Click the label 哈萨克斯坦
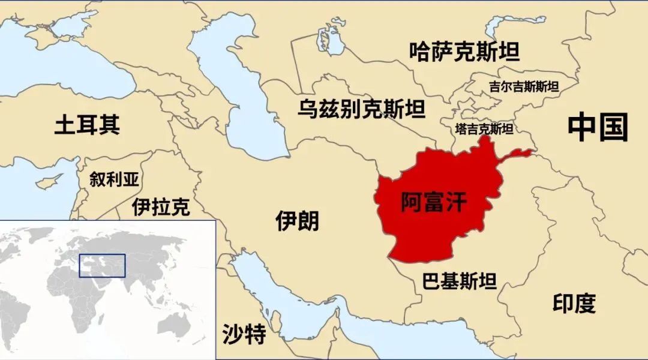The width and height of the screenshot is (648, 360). click(464, 52)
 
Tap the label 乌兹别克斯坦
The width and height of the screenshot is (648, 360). click(361, 109)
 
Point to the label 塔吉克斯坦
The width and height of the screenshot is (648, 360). click(484, 129)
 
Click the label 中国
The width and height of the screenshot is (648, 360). click(598, 127)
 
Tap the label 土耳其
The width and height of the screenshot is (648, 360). click(87, 125)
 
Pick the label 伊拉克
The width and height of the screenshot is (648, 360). click(161, 207)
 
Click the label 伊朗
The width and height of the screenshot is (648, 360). click(297, 221)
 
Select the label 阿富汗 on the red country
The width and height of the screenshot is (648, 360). click(433, 203)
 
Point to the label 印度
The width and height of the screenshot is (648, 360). click(574, 304)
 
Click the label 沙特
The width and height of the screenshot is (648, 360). click(244, 334)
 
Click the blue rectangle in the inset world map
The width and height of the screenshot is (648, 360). click(103, 265)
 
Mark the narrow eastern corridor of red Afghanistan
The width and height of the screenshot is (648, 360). click(516, 155)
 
